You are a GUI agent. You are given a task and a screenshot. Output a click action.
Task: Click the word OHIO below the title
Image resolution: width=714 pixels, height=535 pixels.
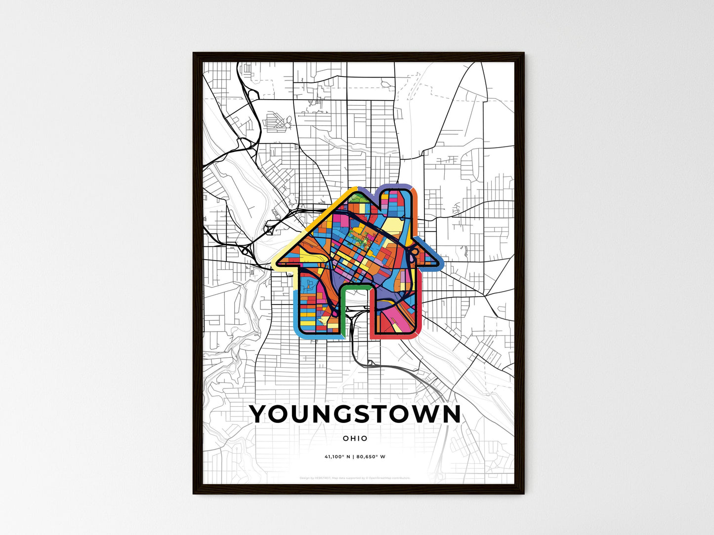(x=355, y=438)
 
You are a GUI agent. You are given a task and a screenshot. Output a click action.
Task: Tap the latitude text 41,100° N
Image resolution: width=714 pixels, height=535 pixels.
(x=337, y=457)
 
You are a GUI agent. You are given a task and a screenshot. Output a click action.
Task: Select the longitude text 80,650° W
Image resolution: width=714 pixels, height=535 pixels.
(x=371, y=457)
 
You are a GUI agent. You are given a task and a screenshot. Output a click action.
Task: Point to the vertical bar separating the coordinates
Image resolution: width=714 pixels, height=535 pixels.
(x=353, y=457)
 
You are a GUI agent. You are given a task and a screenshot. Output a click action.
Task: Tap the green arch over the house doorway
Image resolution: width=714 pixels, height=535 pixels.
(x=355, y=287)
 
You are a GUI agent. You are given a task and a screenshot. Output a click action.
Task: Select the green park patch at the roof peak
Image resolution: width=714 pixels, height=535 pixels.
(x=359, y=198)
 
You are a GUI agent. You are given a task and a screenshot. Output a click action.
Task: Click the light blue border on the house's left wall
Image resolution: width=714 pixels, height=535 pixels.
(x=295, y=311)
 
